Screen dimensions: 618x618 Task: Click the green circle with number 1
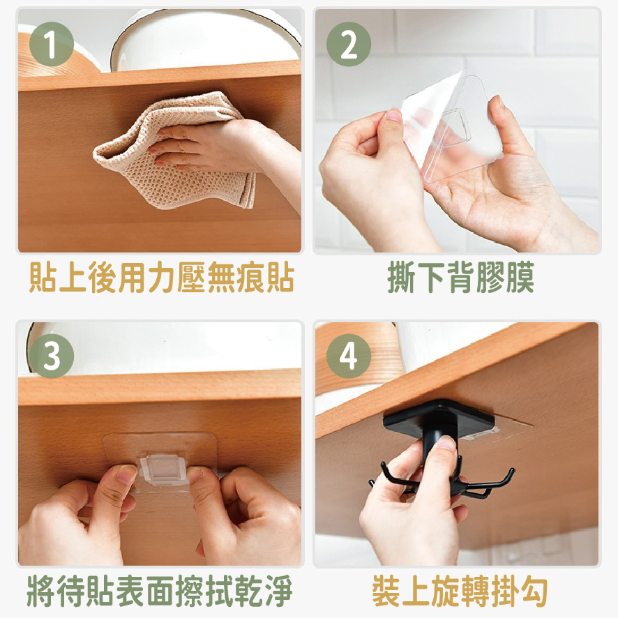click(x=51, y=43)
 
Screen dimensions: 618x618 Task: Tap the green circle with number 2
click(x=348, y=43)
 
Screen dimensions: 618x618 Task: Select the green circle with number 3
click(x=51, y=356)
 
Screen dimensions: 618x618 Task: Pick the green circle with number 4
click(x=348, y=356)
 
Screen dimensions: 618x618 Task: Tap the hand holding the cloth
click(x=209, y=143)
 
